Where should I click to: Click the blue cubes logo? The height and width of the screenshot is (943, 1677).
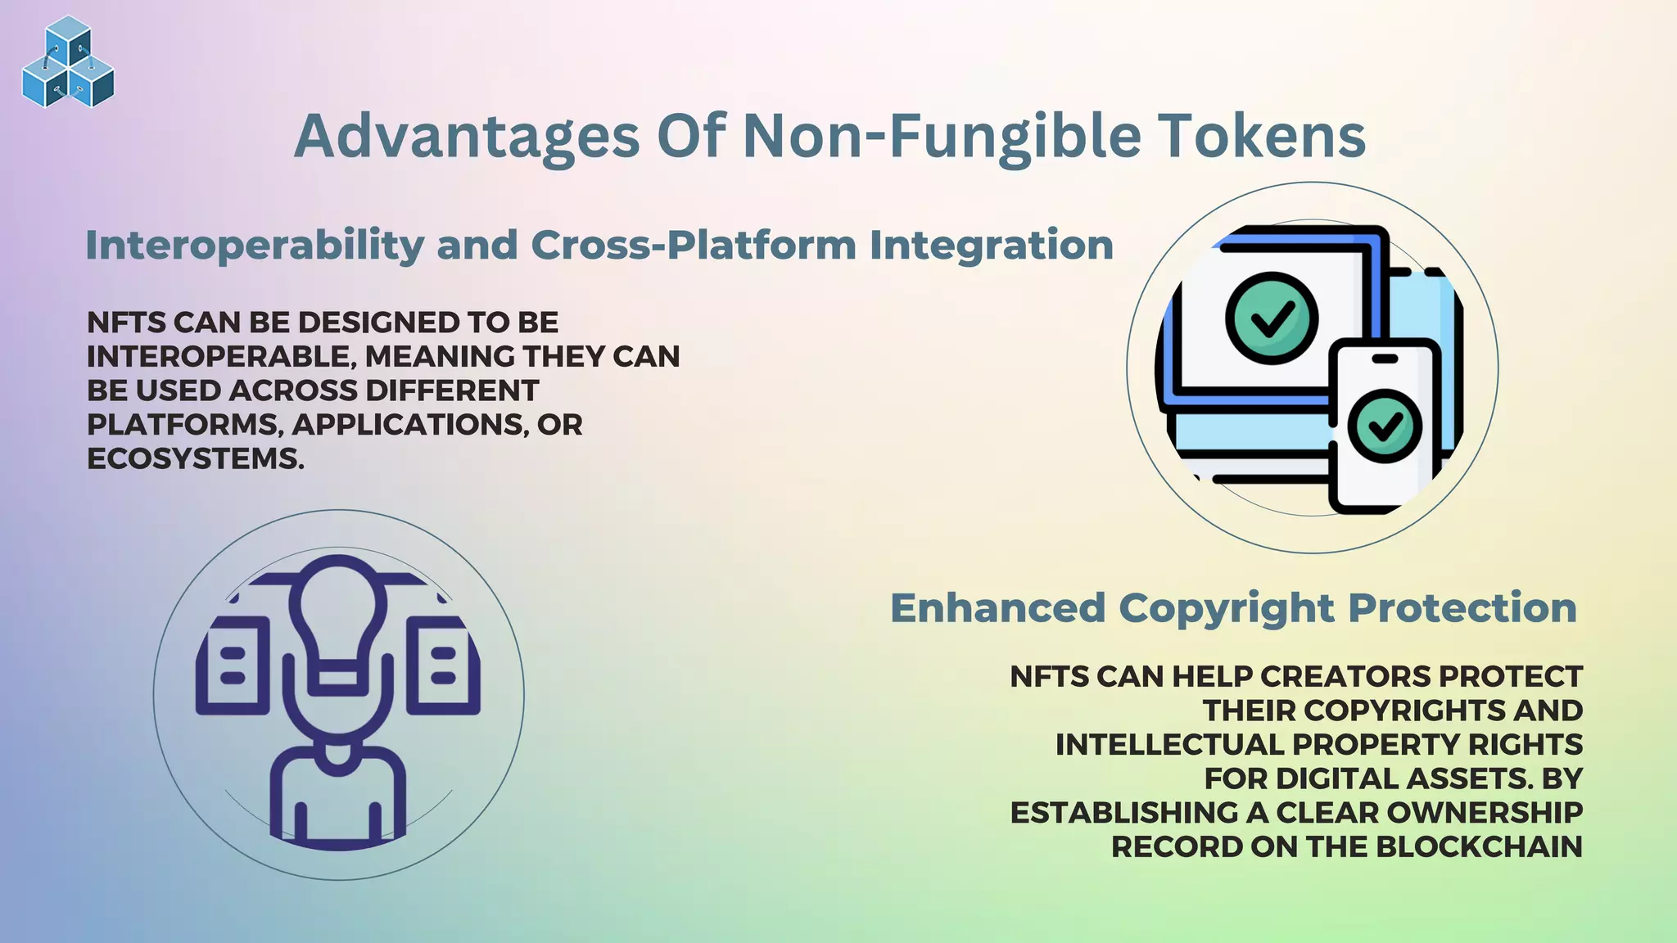point(68,62)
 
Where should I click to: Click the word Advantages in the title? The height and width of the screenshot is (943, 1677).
point(467,136)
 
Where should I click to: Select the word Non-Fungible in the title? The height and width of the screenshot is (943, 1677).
point(942,136)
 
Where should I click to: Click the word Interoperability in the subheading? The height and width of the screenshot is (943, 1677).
point(255,245)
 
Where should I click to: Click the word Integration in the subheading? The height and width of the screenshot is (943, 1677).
point(991,245)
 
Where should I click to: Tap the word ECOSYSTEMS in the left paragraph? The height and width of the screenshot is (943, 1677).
point(195,459)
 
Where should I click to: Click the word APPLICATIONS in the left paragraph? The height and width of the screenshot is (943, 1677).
point(409,425)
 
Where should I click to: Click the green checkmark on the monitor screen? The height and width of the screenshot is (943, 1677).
point(1272,318)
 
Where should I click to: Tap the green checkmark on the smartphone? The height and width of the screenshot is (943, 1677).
point(1385,426)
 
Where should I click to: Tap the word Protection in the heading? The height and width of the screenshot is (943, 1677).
point(1462,608)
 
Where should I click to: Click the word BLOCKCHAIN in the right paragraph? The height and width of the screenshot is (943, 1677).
point(1479,847)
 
